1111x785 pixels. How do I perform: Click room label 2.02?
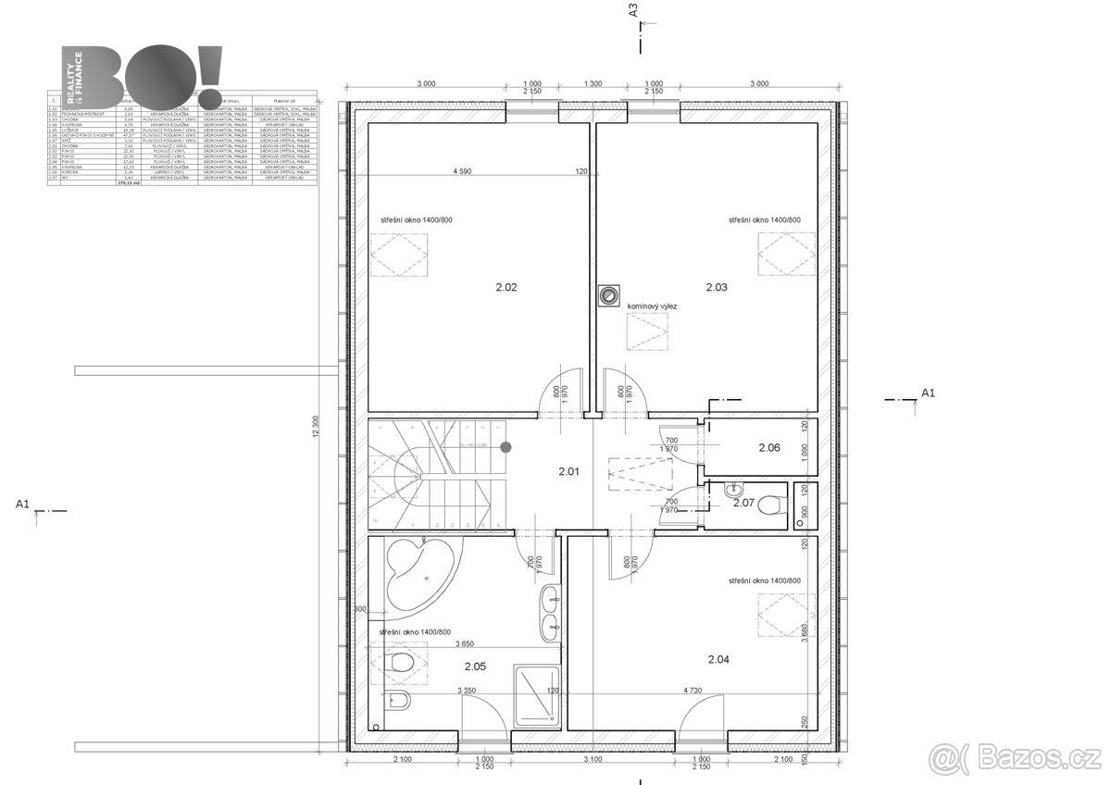[506, 288]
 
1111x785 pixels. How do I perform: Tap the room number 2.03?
[717, 288]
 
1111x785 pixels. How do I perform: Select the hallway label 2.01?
[568, 472]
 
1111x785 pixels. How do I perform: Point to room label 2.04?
[718, 660]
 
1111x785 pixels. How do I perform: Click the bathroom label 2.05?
[475, 665]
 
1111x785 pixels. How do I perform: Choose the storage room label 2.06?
[769, 448]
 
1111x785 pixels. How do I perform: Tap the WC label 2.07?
[743, 504]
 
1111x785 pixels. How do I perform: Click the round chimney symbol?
[608, 295]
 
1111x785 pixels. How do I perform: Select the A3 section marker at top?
[634, 11]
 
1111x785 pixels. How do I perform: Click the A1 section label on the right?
[928, 393]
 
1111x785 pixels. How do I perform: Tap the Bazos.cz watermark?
[1017, 759]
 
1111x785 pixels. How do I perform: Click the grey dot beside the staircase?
[506, 448]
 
